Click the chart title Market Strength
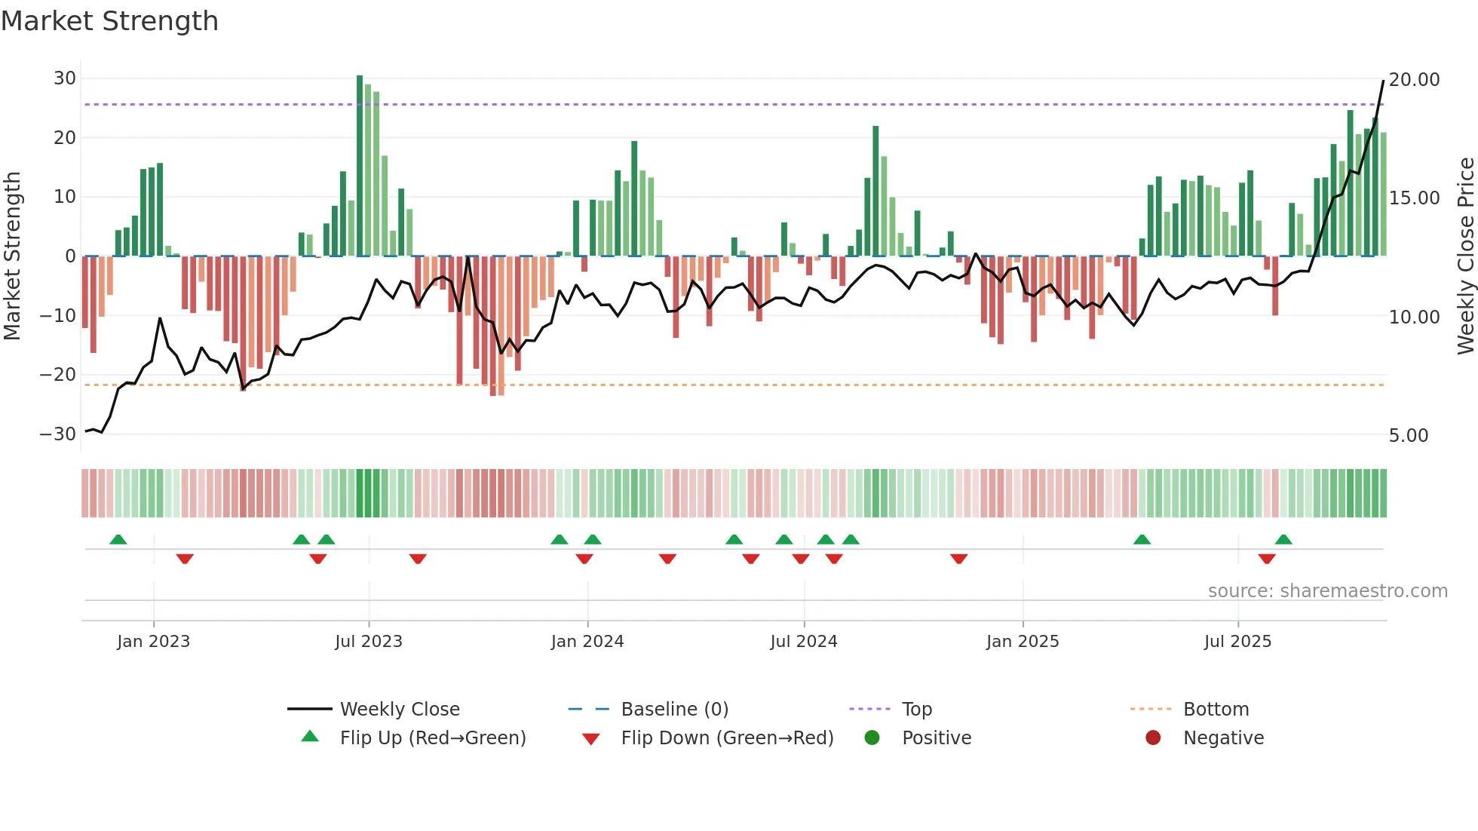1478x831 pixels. tap(109, 21)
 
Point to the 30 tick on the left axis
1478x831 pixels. tap(65, 78)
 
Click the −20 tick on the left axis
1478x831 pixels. tap(58, 375)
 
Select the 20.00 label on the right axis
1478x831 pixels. tap(1414, 80)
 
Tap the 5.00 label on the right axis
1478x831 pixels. tap(1408, 436)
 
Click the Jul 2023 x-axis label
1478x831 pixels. tap(369, 642)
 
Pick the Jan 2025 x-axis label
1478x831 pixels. tap(1023, 642)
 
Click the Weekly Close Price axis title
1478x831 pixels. tap(1465, 256)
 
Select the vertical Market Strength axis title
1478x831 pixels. tap(12, 256)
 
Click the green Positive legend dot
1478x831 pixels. tap(872, 738)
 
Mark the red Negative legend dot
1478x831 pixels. tap(1153, 738)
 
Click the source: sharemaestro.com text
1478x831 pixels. tap(1327, 591)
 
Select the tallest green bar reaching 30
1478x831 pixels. tap(360, 166)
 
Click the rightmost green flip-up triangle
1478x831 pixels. tap(1283, 540)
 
